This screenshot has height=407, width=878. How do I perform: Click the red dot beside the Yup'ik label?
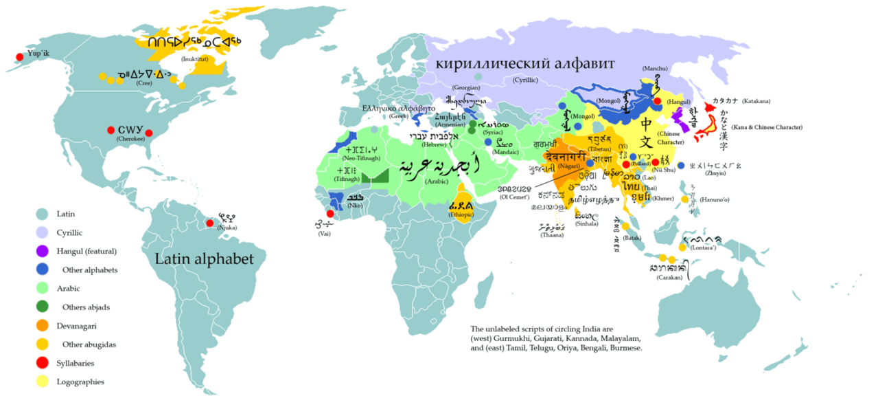click(x=19, y=56)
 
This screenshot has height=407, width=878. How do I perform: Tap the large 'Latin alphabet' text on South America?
click(x=204, y=259)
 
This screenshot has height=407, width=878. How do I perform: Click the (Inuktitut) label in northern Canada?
click(x=196, y=60)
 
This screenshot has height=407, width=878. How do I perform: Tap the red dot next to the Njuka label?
click(x=209, y=223)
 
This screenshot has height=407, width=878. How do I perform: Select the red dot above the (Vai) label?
click(x=330, y=214)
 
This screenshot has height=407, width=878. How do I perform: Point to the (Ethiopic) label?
click(x=461, y=214)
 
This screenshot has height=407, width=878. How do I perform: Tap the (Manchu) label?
click(x=655, y=69)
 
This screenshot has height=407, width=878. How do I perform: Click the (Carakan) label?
click(x=669, y=278)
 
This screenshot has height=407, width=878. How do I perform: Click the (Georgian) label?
click(x=467, y=88)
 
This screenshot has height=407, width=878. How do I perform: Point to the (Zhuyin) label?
click(x=715, y=173)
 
